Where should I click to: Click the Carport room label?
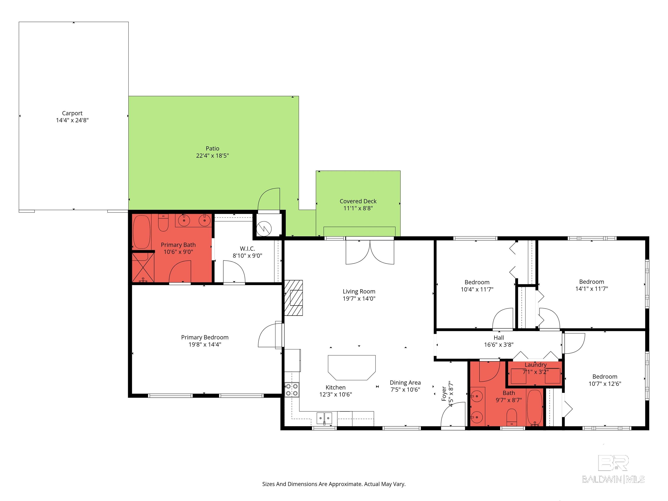pos(72,113)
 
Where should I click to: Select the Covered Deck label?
pos(358,201)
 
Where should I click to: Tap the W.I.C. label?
pos(247,249)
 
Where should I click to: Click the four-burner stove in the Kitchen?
pos(292,389)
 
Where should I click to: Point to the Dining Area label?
pos(405,383)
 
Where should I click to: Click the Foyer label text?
pos(444,394)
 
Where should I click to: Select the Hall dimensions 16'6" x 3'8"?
pos(499,345)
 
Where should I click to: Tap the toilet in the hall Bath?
pos(512,417)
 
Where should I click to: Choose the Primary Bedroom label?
pos(205,337)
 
